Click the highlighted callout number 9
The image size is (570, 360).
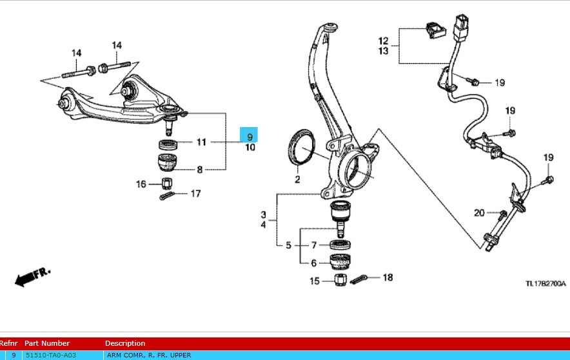(250, 135)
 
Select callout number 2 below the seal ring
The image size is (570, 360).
(298, 179)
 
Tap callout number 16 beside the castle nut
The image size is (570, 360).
(141, 184)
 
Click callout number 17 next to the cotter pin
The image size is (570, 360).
(196, 193)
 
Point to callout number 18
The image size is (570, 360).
(387, 277)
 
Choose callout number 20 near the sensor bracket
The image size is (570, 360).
(478, 213)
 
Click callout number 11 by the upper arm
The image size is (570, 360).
(201, 142)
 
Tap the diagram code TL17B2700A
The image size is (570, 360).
(545, 283)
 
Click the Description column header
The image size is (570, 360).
(125, 343)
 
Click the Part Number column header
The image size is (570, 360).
(47, 343)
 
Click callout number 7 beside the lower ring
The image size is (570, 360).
(314, 245)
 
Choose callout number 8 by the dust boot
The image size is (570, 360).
(200, 170)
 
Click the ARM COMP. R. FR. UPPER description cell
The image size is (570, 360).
(148, 355)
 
